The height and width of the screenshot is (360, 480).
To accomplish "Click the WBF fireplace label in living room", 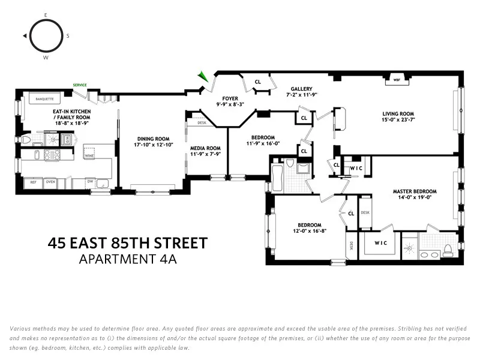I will (x=397, y=79).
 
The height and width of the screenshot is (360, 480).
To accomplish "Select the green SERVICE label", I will (x=80, y=85).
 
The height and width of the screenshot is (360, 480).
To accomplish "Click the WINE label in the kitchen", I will (x=89, y=155).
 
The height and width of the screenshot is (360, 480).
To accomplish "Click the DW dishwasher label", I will (x=89, y=181).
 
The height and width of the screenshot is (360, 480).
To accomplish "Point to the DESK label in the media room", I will (x=202, y=122).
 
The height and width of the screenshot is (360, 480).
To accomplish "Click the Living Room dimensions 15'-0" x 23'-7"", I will (x=398, y=120).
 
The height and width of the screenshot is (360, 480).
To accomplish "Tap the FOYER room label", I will (x=230, y=98).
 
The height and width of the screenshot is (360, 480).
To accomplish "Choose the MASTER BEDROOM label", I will (x=415, y=191).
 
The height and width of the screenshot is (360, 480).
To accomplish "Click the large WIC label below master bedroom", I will (x=380, y=244).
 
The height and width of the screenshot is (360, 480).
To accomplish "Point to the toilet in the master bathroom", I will (x=448, y=250).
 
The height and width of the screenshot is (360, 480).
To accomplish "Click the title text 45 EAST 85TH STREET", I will (x=127, y=244).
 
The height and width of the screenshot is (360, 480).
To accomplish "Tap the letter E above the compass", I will (x=46, y=14).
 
